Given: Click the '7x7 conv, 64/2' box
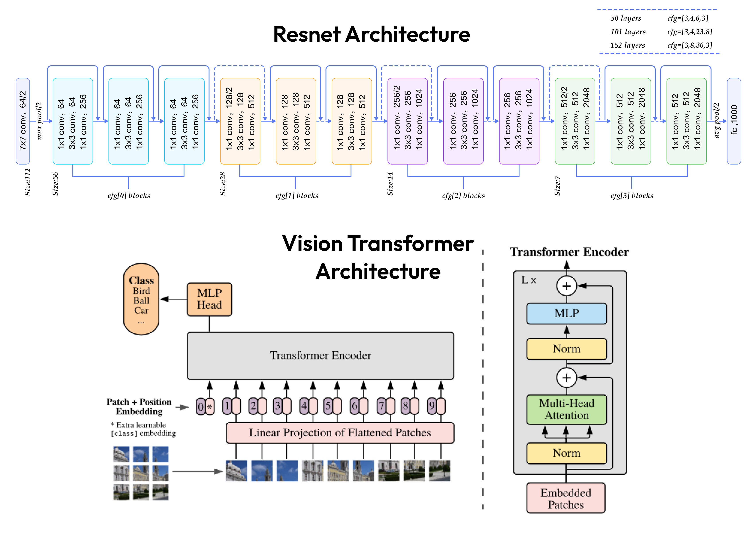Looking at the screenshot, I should point(23,121).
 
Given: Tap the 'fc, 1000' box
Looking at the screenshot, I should point(734,121).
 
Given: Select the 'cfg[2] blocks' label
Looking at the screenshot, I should point(463,195).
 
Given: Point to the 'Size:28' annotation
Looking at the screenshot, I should point(223,184).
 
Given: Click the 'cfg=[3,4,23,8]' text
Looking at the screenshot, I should point(690,32).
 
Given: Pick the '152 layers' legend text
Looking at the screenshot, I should point(628,45).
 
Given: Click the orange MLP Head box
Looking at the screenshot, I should point(209,299).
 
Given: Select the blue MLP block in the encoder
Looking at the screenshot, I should point(566,313).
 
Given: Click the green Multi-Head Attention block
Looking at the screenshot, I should point(566,409).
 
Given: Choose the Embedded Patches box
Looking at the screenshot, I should point(566,498).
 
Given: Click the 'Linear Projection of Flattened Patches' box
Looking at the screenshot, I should point(340,433).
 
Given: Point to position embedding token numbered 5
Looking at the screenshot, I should point(328,406).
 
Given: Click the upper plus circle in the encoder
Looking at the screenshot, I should point(566,286).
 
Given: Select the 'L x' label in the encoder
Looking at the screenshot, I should point(529,280).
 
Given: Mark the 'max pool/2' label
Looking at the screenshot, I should point(39,121).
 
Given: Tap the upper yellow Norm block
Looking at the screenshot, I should point(566,349).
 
